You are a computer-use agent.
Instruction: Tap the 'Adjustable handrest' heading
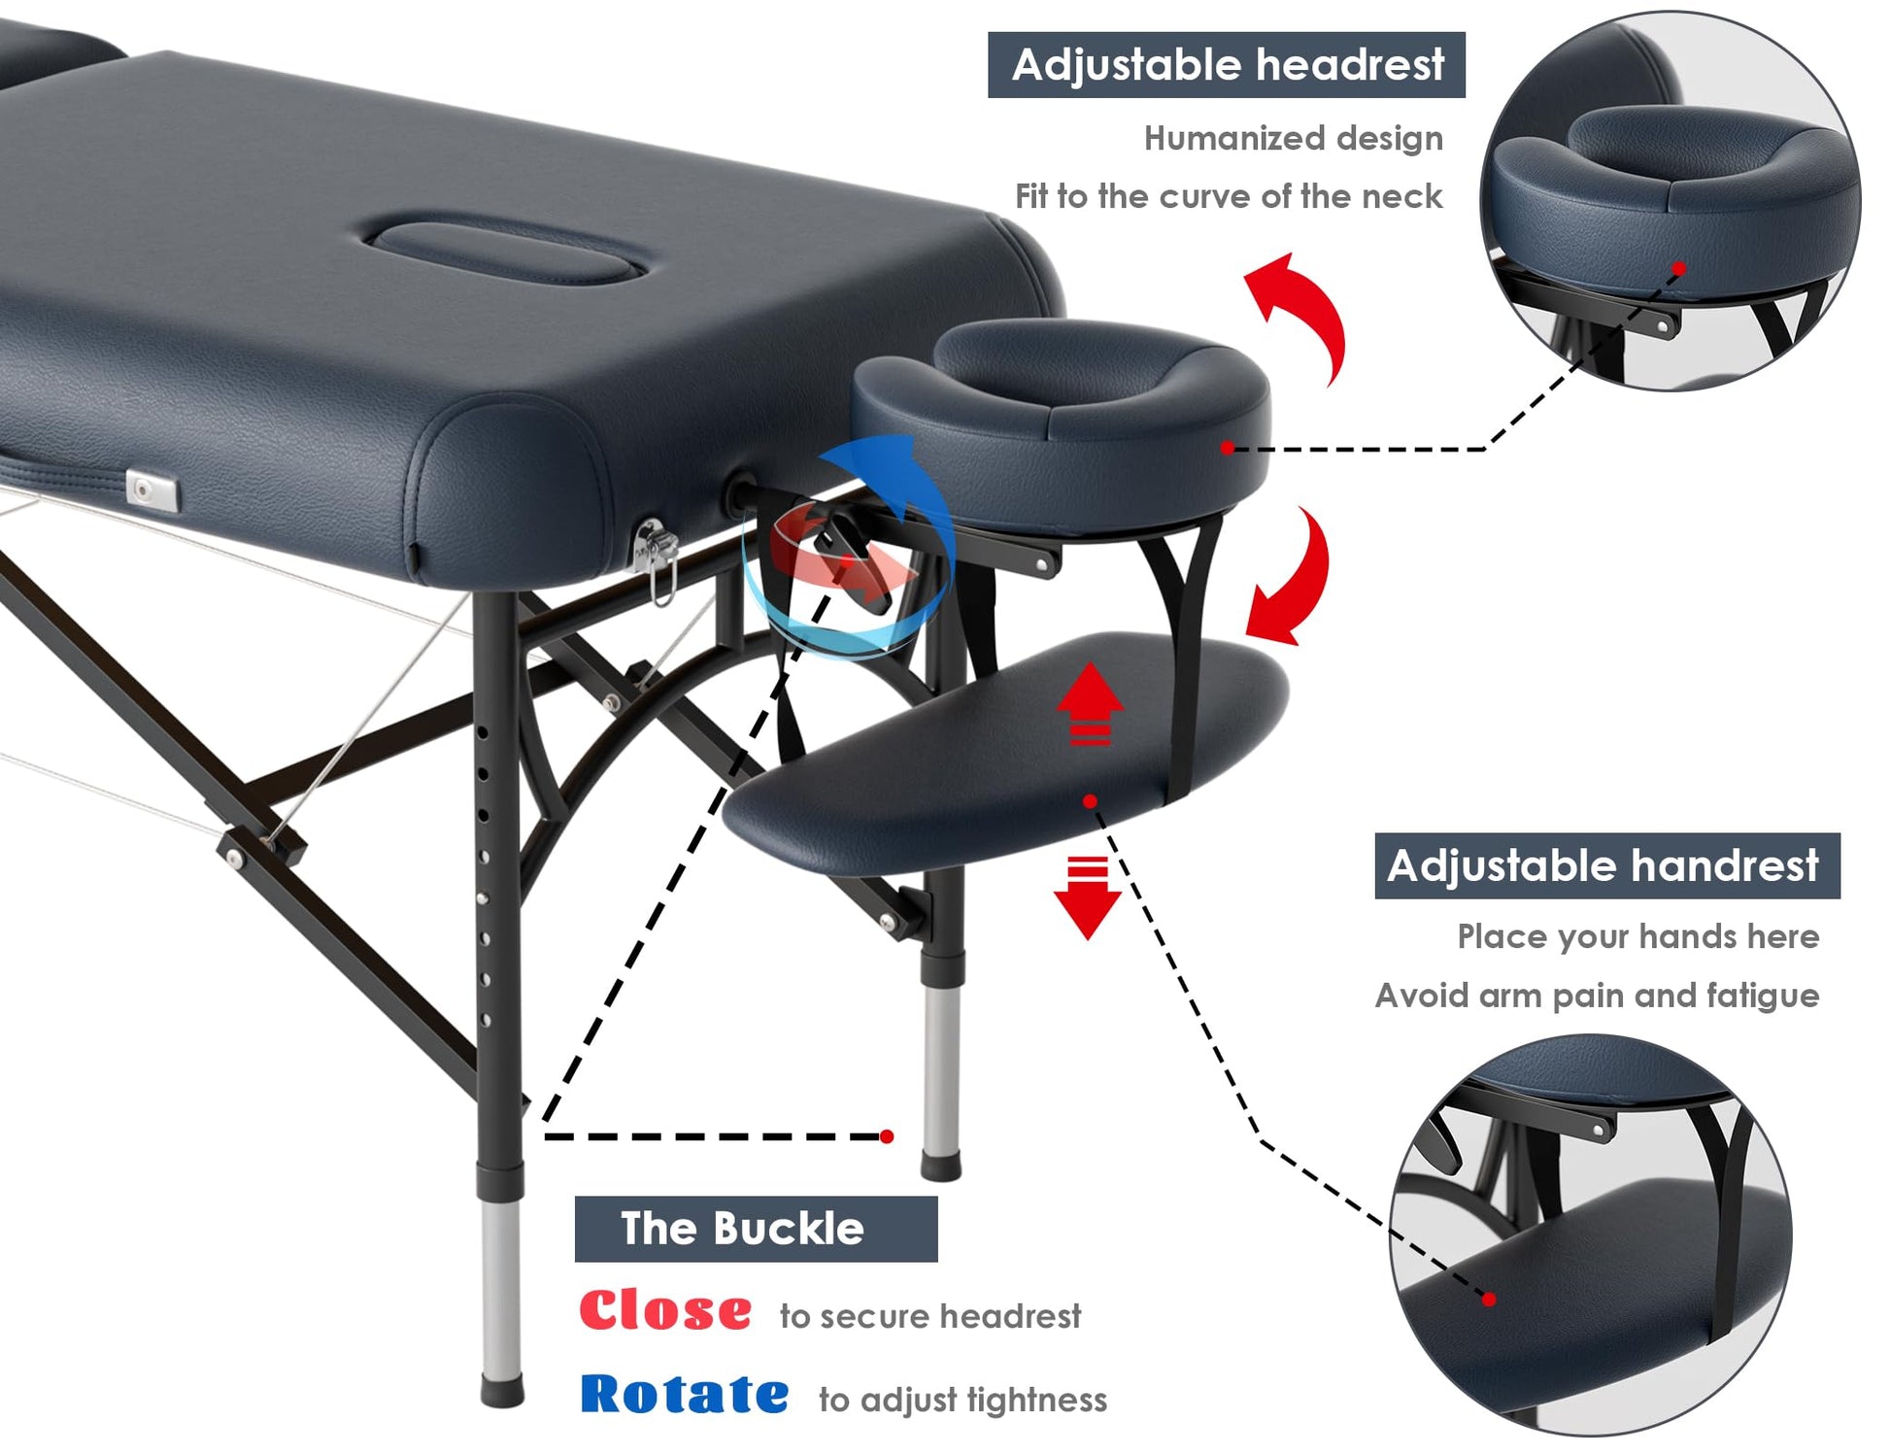(1606, 865)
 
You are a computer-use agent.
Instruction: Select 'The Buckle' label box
(756, 1229)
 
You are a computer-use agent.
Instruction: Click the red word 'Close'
(665, 1310)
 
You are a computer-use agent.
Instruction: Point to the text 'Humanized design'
(1294, 139)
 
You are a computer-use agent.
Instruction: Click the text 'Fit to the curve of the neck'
(1229, 196)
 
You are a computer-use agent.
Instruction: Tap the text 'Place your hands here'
(1638, 936)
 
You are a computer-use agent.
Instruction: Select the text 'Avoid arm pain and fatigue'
(1597, 996)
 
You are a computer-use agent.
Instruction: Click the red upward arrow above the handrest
(1090, 705)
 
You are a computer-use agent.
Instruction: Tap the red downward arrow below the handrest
(1088, 897)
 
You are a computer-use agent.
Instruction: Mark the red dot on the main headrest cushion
(1228, 448)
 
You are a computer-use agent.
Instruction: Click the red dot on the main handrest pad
(1090, 801)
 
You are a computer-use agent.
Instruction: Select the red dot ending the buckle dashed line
(887, 1136)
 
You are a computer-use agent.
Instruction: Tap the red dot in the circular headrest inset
(1679, 268)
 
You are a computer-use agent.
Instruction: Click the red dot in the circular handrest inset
(1489, 1300)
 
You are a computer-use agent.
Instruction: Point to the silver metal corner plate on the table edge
(152, 491)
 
